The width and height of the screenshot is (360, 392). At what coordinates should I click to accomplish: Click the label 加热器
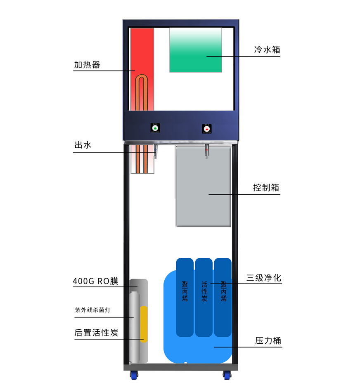pyautogui.click(x=87, y=65)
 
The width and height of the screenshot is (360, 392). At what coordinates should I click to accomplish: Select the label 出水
pyautogui.click(x=83, y=145)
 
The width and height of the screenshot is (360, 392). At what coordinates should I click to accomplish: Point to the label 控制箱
pyautogui.click(x=266, y=188)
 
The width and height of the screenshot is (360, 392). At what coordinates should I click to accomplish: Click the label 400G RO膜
pyautogui.click(x=95, y=281)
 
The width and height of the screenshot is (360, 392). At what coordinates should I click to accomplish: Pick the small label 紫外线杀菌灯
pyautogui.click(x=93, y=310)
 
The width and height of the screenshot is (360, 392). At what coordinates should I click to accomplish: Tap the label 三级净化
pyautogui.click(x=264, y=278)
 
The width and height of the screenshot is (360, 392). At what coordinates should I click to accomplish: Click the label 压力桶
pyautogui.click(x=268, y=341)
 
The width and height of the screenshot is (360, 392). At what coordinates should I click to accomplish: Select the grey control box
pyautogui.click(x=203, y=186)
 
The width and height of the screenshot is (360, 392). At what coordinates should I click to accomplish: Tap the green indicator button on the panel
pyautogui.click(x=155, y=128)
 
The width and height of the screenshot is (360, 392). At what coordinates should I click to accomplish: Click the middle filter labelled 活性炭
pyautogui.click(x=204, y=296)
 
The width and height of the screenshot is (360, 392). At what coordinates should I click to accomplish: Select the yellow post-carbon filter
pyautogui.click(x=144, y=324)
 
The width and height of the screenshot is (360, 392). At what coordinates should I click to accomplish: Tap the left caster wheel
pyautogui.click(x=134, y=375)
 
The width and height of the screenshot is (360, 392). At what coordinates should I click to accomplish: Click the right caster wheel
pyautogui.click(x=227, y=375)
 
